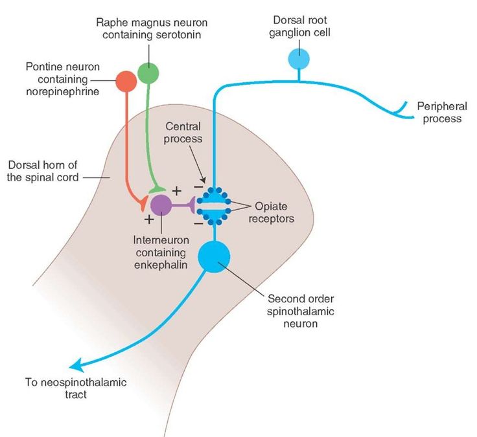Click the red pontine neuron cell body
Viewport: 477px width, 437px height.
pos(126,81)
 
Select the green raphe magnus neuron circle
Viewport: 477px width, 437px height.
pos(148,73)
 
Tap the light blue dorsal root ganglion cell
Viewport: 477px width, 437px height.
pos(299,59)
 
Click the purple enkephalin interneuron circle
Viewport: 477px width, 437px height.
pos(161,205)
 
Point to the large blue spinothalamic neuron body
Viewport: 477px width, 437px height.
pos(214,257)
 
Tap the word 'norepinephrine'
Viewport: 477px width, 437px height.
pos(63,91)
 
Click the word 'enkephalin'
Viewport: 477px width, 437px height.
pos(161,265)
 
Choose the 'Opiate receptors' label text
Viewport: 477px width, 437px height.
pos(272,212)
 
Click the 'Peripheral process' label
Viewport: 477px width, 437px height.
pos(442,113)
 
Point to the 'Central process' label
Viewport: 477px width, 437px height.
pos(183,133)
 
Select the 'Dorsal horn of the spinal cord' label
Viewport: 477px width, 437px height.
pos(43,171)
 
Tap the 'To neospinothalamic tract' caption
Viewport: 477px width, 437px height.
pos(76,388)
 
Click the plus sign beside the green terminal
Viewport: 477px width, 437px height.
pos(177,191)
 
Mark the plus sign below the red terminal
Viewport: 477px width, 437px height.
pos(149,219)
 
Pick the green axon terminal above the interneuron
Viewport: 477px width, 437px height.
pos(157,190)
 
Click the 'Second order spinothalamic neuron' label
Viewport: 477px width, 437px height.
pos(301,311)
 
